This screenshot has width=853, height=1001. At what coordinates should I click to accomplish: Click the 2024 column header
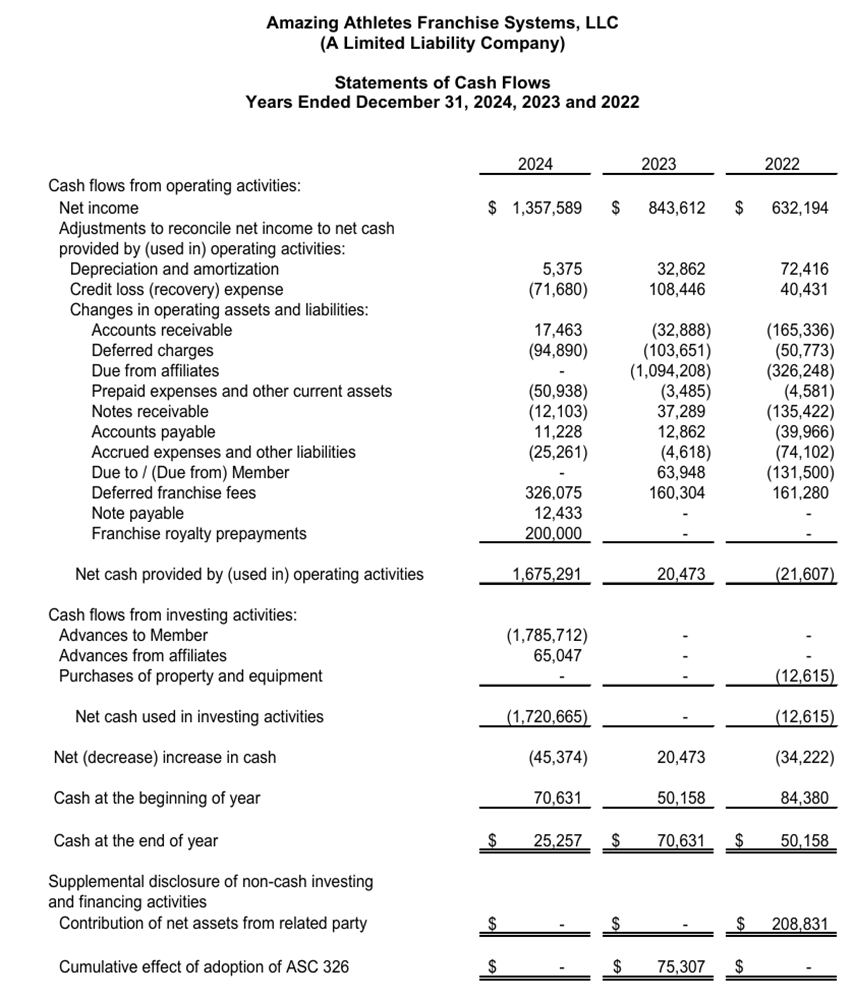click(x=536, y=165)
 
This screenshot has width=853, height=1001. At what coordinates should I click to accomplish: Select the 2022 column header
click(x=782, y=165)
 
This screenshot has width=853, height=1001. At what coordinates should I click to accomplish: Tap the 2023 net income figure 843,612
click(x=675, y=208)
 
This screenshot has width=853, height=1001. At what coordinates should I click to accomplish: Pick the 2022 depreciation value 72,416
click(x=804, y=269)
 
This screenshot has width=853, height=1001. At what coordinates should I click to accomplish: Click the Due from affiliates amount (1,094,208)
click(x=670, y=370)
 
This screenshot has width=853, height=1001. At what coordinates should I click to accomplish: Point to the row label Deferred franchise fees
click(x=173, y=493)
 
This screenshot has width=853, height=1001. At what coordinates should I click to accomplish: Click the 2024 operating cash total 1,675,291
click(x=547, y=575)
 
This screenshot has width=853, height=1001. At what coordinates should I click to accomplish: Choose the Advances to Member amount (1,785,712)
click(x=548, y=636)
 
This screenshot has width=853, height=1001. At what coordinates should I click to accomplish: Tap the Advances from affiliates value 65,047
click(x=559, y=656)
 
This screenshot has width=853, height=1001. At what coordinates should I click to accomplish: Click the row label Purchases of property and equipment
click(x=191, y=676)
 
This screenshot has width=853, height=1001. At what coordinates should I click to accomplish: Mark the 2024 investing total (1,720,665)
click(x=547, y=717)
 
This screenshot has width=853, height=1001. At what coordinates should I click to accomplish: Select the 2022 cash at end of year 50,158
click(x=804, y=841)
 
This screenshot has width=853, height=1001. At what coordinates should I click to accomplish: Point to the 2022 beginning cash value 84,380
click(x=804, y=798)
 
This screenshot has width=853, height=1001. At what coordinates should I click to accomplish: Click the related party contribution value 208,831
click(x=799, y=924)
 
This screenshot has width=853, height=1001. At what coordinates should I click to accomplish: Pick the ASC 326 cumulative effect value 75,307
click(x=680, y=967)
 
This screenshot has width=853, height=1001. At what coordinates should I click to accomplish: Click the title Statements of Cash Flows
click(x=442, y=82)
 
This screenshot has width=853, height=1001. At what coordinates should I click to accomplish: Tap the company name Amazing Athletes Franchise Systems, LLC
click(x=442, y=22)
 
